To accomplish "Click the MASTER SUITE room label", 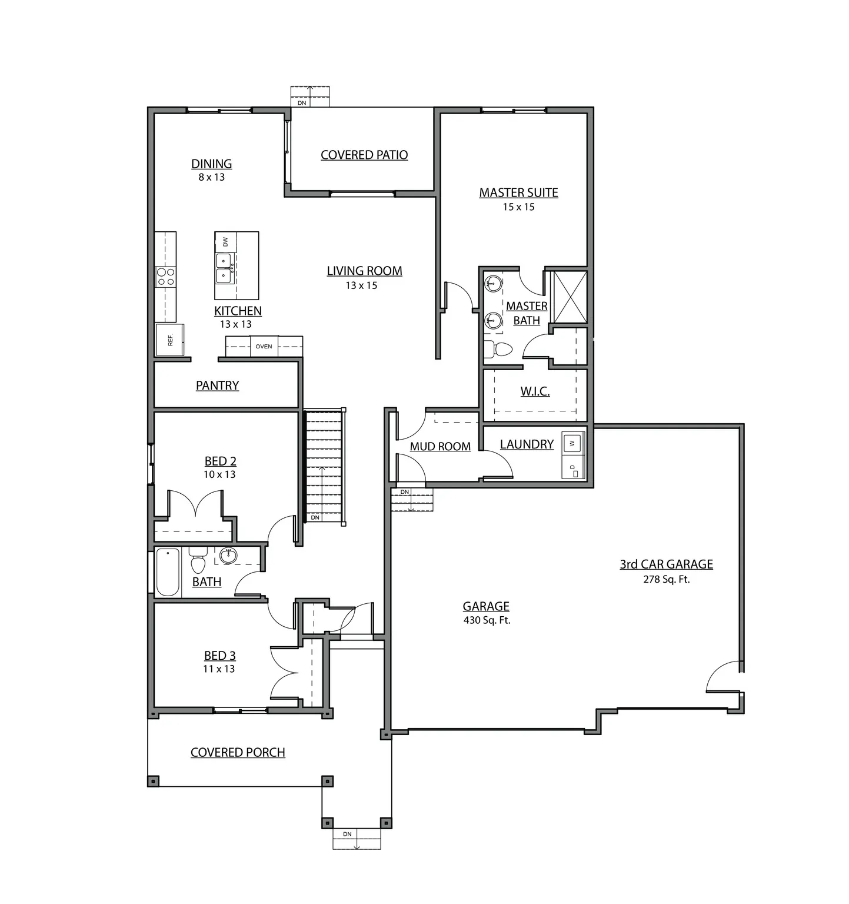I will point(518,192).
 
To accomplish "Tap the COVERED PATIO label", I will point(364,155).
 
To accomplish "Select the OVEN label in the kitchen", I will point(264,346).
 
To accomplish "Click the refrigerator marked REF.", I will point(169,340).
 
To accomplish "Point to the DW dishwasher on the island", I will point(225,241).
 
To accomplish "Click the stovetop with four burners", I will point(165,277).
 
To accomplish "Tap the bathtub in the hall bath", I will point(168,572).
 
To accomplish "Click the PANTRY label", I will point(217,385).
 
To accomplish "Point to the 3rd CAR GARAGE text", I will point(666,564).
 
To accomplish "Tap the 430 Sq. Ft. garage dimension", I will point(487,620).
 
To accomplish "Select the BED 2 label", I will point(220,461).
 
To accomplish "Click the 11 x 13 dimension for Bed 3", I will point(219,669).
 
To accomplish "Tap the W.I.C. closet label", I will point(535,391).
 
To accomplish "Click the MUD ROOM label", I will point(440,447).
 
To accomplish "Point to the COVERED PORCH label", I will point(238,752).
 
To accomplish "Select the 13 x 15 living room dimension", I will point(361,285).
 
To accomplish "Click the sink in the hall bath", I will point(228,555).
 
